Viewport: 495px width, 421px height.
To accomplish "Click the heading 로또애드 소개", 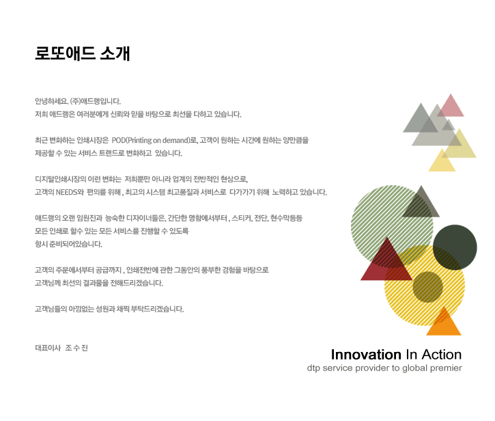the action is pyautogui.click(x=83, y=53).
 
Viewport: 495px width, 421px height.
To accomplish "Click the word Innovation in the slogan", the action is pyautogui.click(x=366, y=355).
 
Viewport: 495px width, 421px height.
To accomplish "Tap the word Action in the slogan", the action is pyautogui.click(x=442, y=355).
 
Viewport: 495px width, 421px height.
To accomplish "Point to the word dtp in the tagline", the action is pyautogui.click(x=313, y=368).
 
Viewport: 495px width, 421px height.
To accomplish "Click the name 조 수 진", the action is pyautogui.click(x=76, y=348).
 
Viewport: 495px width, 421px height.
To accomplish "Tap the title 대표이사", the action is pyautogui.click(x=48, y=348).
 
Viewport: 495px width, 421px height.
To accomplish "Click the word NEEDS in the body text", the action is pyautogui.click(x=66, y=192).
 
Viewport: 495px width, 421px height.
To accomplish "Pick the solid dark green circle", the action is pyautogui.click(x=455, y=247).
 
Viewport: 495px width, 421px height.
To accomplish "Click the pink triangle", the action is pyautogui.click(x=451, y=107).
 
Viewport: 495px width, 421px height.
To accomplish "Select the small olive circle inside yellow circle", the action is pyautogui.click(x=428, y=287).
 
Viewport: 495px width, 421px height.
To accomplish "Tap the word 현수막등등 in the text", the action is pyautogui.click(x=286, y=218).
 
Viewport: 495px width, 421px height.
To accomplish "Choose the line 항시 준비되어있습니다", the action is pyautogui.click(x=68, y=244).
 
